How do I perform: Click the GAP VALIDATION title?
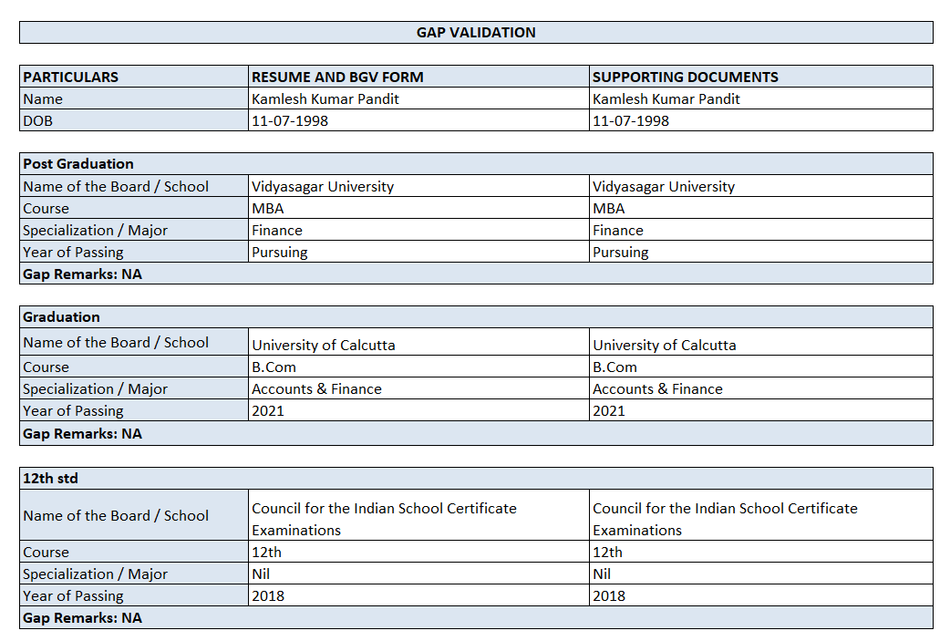coord(476,33)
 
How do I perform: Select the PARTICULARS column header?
coord(71,77)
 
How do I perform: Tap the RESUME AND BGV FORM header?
coord(337,77)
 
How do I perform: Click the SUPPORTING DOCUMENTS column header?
coord(685,77)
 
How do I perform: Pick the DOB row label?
coord(37,120)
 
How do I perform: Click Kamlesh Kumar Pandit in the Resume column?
coord(325,98)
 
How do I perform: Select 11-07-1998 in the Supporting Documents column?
coord(631,120)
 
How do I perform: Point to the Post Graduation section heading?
coord(78,164)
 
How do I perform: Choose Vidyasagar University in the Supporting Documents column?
coord(664,186)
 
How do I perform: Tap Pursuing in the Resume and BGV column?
coord(280,252)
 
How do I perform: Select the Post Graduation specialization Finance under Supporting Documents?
coord(618,230)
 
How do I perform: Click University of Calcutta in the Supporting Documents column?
coord(665,346)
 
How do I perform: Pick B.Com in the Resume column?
coord(274,367)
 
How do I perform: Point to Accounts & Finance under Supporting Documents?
coord(657,388)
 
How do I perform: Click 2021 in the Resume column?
coord(268,410)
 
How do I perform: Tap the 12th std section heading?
coord(50,478)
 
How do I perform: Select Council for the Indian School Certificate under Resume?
coord(384,509)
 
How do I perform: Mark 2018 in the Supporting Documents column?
coord(609,595)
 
